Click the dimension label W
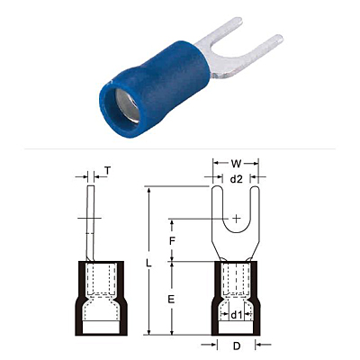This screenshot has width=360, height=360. click(236, 164)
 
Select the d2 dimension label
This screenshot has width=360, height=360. click(236, 179)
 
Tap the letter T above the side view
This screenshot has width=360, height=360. click(107, 171)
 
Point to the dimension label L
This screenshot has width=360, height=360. click(148, 264)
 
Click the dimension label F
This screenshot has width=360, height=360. click(172, 241)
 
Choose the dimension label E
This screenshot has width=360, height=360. click(171, 299)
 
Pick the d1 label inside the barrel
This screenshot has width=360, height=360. click(236, 315)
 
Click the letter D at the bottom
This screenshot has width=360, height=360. click(237, 346)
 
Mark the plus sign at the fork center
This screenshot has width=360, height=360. click(237, 219)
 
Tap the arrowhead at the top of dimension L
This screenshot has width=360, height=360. click(148, 190)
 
